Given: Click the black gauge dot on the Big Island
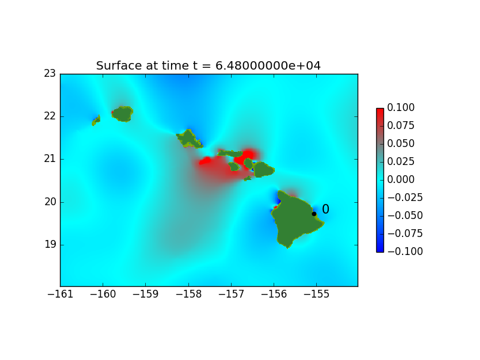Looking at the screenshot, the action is (x=314, y=214).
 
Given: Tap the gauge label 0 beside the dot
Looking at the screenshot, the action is (x=325, y=209).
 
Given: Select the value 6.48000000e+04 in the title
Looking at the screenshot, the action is (x=268, y=65).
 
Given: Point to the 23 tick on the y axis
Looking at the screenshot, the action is (x=50, y=73).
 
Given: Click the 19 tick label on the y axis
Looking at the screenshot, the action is (x=50, y=245).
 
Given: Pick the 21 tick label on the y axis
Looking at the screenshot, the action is (x=50, y=159).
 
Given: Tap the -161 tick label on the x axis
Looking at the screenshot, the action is (x=61, y=294).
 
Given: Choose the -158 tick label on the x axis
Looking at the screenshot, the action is (x=188, y=294).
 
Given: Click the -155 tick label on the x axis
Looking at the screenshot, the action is (x=317, y=294).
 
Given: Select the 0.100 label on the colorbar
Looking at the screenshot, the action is (x=401, y=107).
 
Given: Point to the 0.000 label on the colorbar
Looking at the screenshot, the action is (x=401, y=179).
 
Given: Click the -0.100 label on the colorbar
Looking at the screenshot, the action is (x=405, y=251).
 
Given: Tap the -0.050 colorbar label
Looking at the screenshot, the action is (x=405, y=215).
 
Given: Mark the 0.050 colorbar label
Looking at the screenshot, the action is (x=401, y=143).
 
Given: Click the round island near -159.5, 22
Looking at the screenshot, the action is (x=122, y=114).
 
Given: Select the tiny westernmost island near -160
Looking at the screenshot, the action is (x=96, y=121).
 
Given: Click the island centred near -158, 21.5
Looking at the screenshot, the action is (x=189, y=139).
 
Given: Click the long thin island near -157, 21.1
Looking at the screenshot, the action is (x=230, y=154).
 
